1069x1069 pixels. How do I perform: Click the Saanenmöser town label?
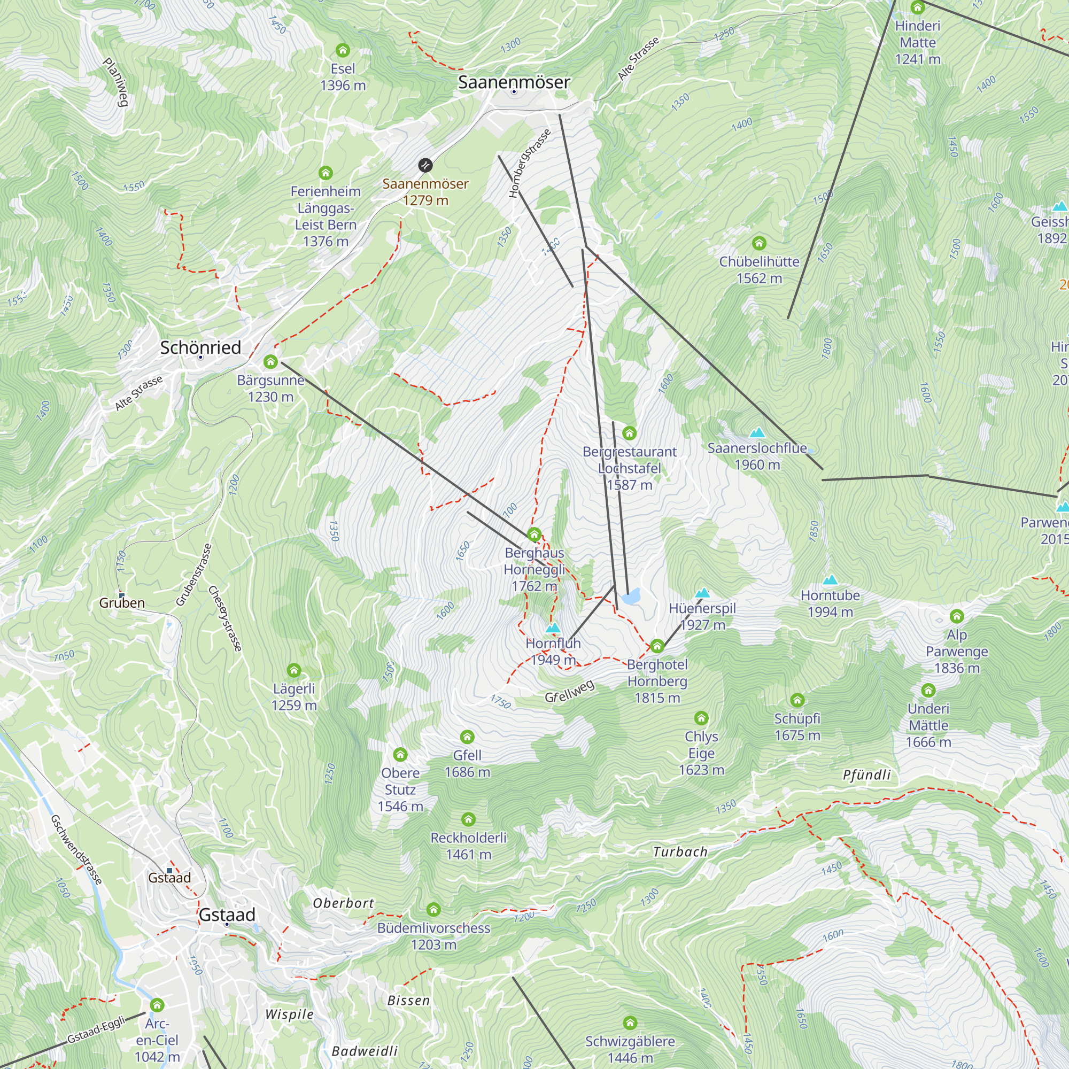click(x=514, y=82)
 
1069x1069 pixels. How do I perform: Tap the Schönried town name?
click(x=200, y=347)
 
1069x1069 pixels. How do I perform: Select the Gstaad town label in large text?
click(x=227, y=915)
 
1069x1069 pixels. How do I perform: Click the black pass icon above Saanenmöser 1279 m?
click(x=425, y=166)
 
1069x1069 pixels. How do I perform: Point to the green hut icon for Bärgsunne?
click(x=270, y=362)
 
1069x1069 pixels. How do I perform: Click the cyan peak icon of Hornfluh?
click(x=553, y=628)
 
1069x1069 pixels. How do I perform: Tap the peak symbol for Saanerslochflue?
click(x=757, y=433)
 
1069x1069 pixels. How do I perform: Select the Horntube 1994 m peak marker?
click(x=830, y=580)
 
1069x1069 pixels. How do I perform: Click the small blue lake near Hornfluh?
click(x=631, y=597)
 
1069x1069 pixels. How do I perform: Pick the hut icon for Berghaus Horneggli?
click(x=534, y=534)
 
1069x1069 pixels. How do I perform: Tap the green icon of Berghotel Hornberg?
click(x=657, y=646)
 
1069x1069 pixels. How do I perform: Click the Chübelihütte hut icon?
click(x=759, y=243)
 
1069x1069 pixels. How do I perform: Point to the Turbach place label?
click(x=680, y=852)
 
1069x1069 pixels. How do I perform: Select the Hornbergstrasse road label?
click(x=530, y=164)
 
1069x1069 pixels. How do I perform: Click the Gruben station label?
click(x=122, y=603)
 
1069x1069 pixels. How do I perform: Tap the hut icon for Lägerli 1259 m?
click(x=294, y=671)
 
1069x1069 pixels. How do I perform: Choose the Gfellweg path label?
click(x=570, y=691)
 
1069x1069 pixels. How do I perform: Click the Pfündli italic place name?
click(x=866, y=774)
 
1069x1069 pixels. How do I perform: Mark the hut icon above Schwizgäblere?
click(x=630, y=1022)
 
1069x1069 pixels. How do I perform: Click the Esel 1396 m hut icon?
click(x=343, y=51)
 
